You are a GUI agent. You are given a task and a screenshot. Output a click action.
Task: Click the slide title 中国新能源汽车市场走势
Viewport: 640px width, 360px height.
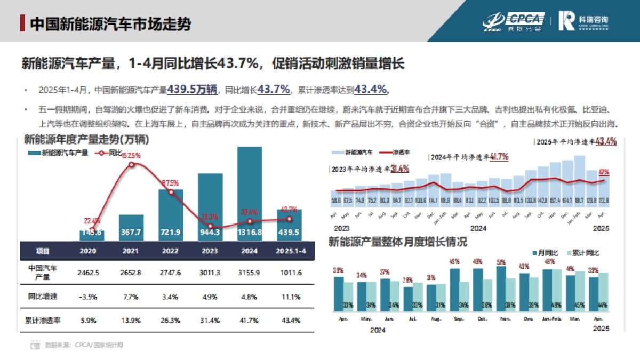click(110, 24)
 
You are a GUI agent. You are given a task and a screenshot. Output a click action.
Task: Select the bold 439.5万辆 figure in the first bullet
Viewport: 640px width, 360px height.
click(191, 90)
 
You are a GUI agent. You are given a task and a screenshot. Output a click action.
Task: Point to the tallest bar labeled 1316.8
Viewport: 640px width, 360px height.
click(250, 192)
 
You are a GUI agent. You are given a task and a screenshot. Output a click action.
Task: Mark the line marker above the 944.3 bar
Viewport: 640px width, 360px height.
click(210, 226)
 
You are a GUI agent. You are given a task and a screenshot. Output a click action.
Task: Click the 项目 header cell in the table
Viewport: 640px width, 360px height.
click(43, 251)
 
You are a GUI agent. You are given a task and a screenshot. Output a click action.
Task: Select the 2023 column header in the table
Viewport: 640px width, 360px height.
click(210, 251)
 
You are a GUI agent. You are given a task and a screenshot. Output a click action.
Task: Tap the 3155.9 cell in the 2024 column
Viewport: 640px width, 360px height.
click(250, 273)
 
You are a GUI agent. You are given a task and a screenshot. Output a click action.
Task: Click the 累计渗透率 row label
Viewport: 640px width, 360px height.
click(43, 321)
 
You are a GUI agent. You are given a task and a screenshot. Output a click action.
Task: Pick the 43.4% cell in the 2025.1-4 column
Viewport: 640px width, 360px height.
click(290, 321)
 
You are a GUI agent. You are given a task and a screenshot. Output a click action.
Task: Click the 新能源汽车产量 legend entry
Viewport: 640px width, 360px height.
click(59, 153)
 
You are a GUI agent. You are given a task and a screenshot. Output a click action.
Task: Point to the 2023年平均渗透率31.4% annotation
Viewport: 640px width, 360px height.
click(369, 169)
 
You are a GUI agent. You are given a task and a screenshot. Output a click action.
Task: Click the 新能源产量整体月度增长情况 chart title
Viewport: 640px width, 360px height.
click(398, 242)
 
